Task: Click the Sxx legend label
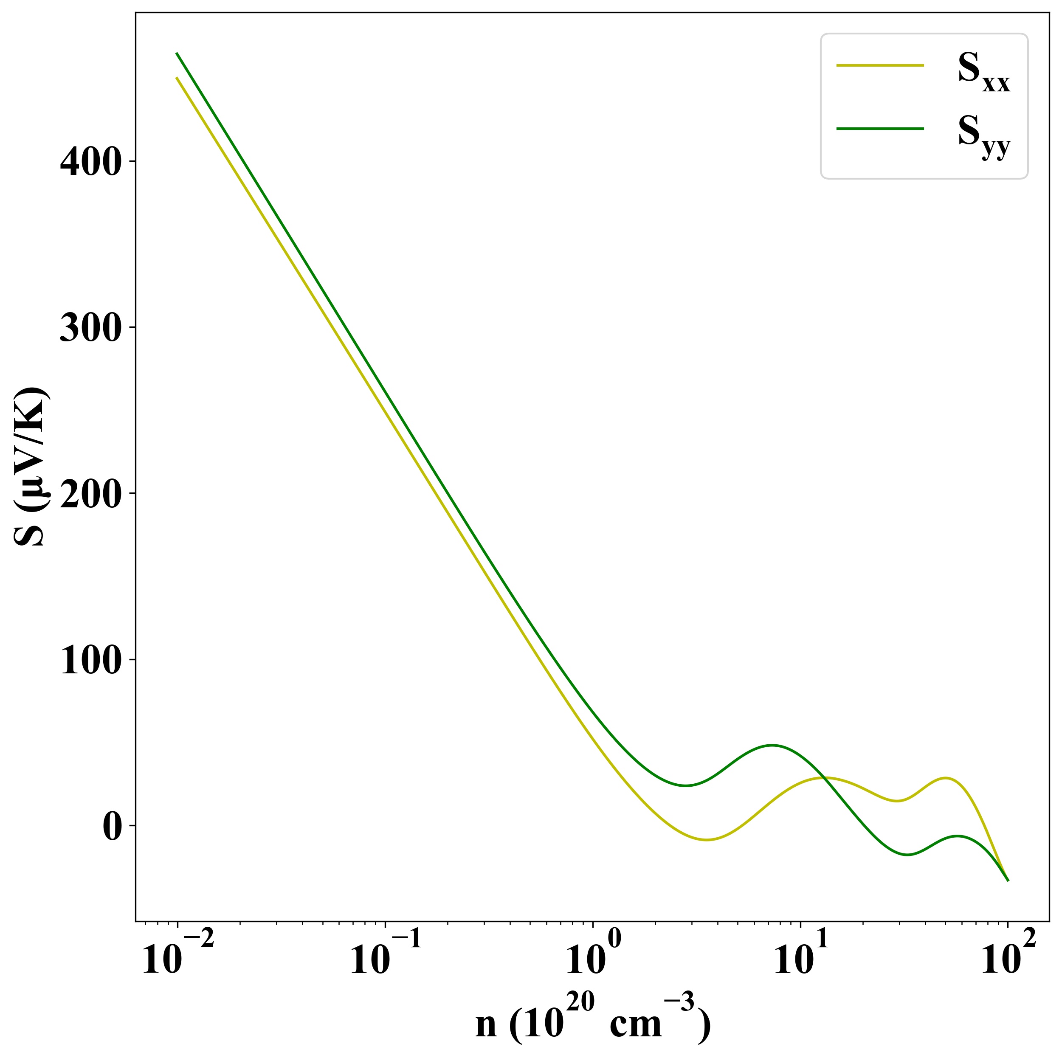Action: [x=983, y=78]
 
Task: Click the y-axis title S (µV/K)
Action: [x=30, y=467]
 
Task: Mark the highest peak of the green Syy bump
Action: [x=772, y=745]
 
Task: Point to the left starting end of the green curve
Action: [x=177, y=53]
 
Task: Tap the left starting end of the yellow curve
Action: [x=177, y=78]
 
